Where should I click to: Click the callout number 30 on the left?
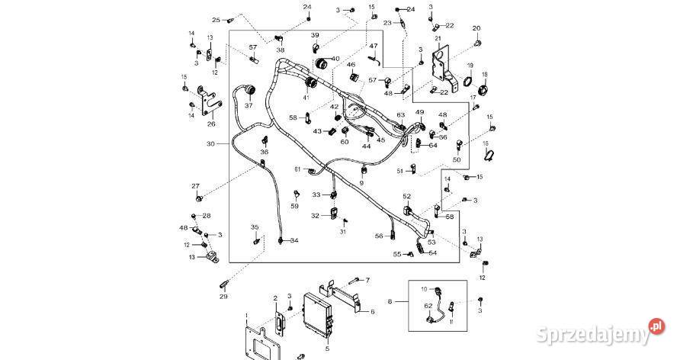[211, 143]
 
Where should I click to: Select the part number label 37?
[249, 105]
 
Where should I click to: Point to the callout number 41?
[306, 97]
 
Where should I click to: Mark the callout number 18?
[484, 74]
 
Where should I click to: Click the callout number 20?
[476, 28]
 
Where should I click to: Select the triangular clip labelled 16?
[489, 156]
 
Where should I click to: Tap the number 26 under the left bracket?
[211, 124]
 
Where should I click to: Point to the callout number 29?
[223, 296]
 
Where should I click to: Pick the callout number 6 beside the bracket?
[372, 311]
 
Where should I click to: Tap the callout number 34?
[294, 240]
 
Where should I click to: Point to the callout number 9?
[362, 183]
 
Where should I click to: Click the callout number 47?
[374, 46]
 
